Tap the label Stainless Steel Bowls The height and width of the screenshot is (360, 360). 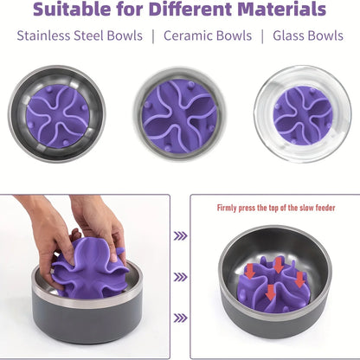[71, 36]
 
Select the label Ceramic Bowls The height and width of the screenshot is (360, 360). [208, 36]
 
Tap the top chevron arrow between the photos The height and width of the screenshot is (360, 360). [180, 234]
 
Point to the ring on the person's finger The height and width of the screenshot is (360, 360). [121, 252]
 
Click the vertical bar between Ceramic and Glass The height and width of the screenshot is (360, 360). [262, 36]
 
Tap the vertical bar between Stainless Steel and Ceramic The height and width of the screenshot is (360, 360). [152, 36]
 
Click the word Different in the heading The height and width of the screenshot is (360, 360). [191, 11]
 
